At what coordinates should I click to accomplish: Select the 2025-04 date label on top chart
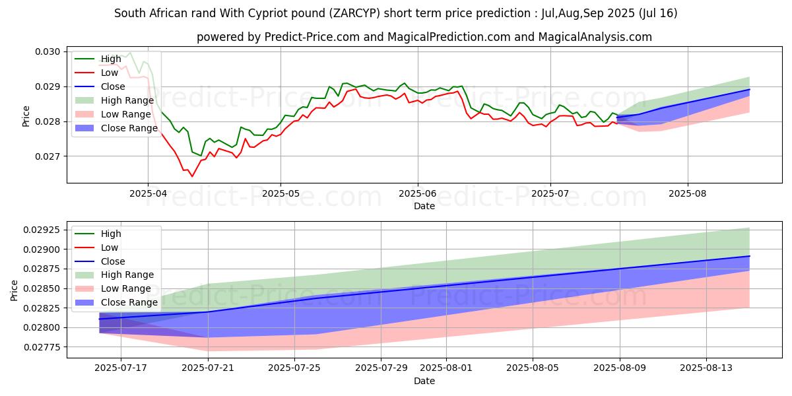(x=148, y=194)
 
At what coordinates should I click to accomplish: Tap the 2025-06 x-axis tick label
(x=417, y=194)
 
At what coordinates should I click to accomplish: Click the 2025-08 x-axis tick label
(x=688, y=194)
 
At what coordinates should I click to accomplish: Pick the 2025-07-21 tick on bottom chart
(x=209, y=368)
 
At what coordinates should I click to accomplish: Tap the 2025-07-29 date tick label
(x=381, y=368)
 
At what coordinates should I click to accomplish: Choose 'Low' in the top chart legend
(x=110, y=73)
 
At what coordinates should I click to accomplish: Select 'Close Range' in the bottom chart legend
(x=129, y=302)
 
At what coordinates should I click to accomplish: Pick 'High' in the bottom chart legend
(x=112, y=234)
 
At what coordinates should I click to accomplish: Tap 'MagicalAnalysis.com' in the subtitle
(x=595, y=37)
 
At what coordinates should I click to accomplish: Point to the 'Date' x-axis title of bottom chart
(x=424, y=381)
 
